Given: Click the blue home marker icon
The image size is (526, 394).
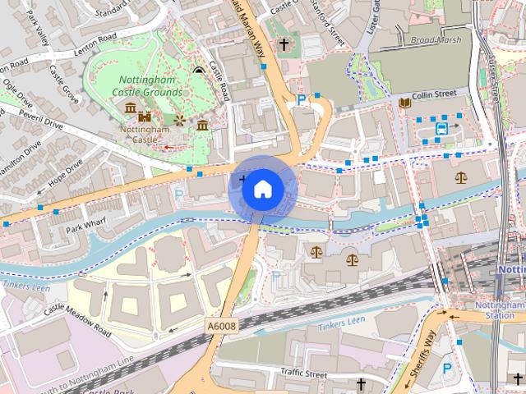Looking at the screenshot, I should click(261, 190).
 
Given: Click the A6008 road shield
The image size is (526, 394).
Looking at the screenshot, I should click(221, 326).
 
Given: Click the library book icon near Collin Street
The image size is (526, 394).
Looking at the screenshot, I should click(404, 103).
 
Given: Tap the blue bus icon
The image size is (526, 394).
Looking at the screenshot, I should click(442, 128).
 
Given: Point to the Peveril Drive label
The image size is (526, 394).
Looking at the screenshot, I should click(40, 122).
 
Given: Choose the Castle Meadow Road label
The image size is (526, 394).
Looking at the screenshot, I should click(78, 318).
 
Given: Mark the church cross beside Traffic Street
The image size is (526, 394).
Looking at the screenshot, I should click(360, 383).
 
